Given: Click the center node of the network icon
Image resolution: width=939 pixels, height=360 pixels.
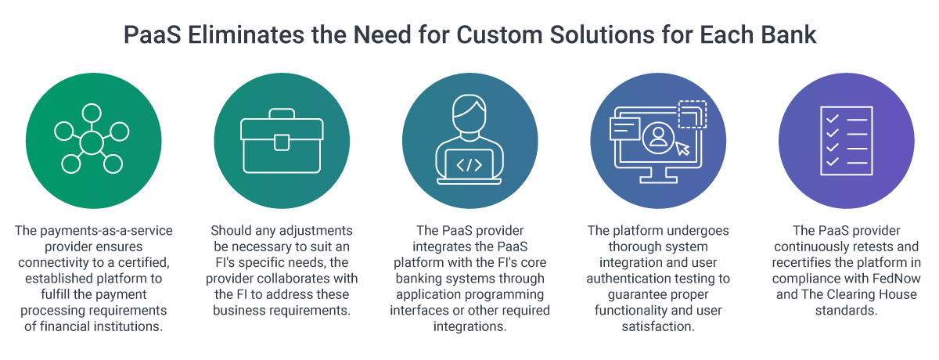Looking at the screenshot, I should click(92, 143).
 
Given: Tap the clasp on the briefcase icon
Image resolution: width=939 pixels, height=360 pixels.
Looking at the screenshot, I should click(281, 142).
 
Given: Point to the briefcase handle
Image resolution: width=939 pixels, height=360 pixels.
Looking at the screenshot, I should click(281, 116).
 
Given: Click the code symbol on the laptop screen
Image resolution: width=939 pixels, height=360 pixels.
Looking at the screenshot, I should click(469, 165).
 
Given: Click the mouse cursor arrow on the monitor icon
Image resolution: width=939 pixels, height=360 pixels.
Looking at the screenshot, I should click(682, 148).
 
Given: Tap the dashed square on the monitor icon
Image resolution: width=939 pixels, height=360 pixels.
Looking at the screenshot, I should click(692, 113).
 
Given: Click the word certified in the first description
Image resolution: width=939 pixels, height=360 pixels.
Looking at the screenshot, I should click(143, 262).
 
